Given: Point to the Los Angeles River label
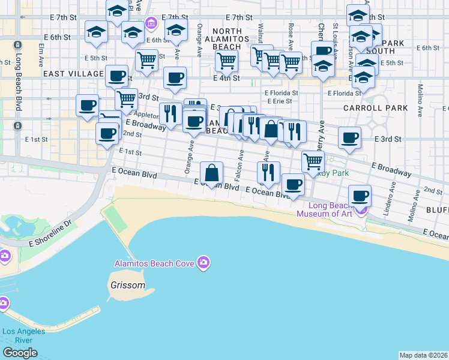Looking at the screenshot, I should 24,335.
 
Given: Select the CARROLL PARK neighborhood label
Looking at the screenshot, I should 375,109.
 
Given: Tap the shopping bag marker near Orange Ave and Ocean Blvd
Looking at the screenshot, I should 212,173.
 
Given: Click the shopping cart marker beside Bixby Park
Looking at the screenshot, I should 313,161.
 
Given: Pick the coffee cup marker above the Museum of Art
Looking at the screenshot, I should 360,195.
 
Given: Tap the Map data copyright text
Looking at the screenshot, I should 424,355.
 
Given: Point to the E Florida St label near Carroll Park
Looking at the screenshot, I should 344,93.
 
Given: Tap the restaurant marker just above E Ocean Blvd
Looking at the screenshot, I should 268,172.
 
